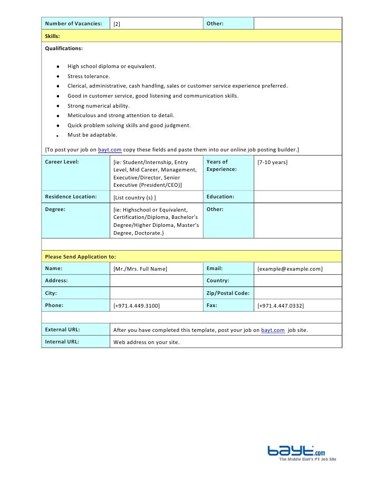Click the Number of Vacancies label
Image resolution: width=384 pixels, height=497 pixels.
[x=73, y=23]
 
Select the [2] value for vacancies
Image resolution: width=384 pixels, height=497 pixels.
[x=117, y=24]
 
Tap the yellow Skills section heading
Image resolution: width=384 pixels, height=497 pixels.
[x=52, y=36]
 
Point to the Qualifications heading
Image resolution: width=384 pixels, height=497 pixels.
[x=64, y=48]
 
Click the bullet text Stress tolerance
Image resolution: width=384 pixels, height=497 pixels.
[x=89, y=76]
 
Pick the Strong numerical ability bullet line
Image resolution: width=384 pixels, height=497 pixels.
[x=98, y=106]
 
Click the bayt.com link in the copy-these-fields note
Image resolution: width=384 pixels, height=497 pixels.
[x=110, y=150]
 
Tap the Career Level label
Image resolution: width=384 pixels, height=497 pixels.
[x=62, y=162]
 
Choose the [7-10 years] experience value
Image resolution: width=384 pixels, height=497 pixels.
[x=272, y=163]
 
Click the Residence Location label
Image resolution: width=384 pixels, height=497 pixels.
[x=71, y=197]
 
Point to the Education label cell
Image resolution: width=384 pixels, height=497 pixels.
[x=220, y=197]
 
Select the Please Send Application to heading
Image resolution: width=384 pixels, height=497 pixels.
[x=80, y=256]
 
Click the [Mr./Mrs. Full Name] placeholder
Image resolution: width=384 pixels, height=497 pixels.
[x=140, y=269]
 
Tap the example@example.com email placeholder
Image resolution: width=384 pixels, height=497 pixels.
[x=290, y=269]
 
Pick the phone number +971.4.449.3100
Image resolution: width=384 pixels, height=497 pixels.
[x=137, y=305]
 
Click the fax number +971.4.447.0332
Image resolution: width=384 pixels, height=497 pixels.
[x=281, y=305]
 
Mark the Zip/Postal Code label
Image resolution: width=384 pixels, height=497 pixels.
[x=228, y=293]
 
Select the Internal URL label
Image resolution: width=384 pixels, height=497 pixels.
[x=62, y=342]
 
